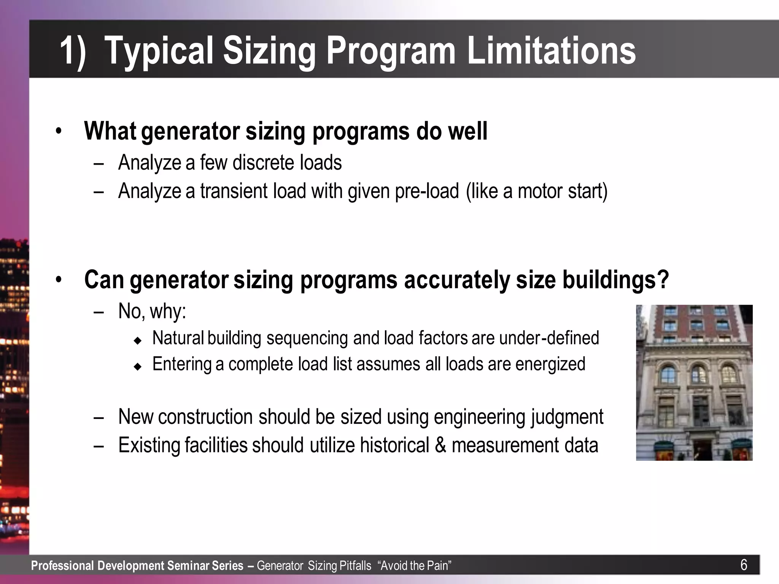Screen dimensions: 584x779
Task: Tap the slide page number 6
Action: (x=744, y=565)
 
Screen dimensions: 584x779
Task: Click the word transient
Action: (x=234, y=191)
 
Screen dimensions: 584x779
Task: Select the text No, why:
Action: (x=152, y=311)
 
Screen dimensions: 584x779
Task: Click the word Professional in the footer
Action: (x=62, y=566)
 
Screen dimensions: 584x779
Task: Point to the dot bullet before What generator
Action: (x=58, y=132)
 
